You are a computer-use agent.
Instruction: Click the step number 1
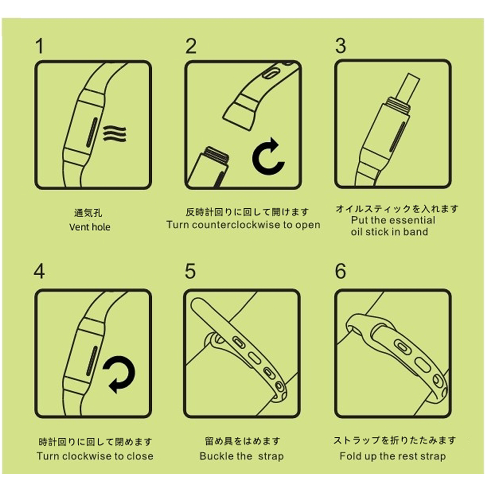tap(40, 46)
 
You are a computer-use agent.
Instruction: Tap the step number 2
tap(191, 46)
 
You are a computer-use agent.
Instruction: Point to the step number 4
tap(39, 272)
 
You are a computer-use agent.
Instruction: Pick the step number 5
tap(191, 272)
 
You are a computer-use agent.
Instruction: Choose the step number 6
tap(341, 272)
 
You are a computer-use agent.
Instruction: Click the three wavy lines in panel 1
tap(115, 134)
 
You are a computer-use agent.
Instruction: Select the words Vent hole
tap(90, 227)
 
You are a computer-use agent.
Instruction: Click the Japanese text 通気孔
tap(88, 213)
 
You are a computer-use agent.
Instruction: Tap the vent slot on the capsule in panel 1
tap(92, 132)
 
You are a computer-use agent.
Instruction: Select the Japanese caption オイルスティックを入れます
tap(397, 209)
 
